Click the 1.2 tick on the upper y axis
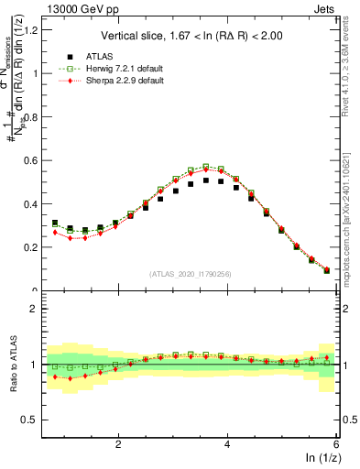[36, 30]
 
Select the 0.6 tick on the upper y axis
[36, 160]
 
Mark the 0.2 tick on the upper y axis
[36, 247]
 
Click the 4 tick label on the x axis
[227, 442]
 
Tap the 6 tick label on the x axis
[336, 442]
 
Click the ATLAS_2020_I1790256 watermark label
[191, 274]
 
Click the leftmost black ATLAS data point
[55, 223]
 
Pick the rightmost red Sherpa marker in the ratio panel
[327, 357]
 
